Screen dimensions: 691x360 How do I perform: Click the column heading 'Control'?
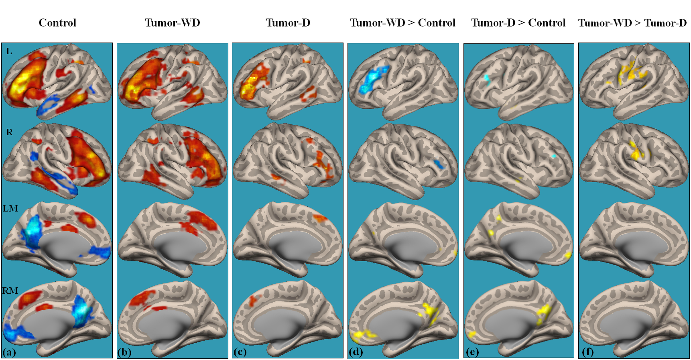[57, 23]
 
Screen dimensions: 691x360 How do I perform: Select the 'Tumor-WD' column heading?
[173, 23]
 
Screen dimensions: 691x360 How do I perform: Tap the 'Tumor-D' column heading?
[288, 23]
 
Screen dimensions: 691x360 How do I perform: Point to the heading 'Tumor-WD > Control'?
[402, 23]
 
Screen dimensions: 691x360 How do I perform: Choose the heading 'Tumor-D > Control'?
[518, 23]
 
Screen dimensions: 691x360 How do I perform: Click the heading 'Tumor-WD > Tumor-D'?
[632, 23]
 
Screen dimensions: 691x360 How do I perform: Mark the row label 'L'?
[9, 51]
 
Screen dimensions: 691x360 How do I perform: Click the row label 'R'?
[10, 132]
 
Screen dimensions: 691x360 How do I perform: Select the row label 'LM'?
[10, 208]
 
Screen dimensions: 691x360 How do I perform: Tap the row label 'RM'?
[10, 291]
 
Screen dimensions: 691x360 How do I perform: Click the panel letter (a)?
[9, 352]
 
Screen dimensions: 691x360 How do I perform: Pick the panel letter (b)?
[124, 352]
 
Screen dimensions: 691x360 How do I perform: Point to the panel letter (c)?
[240, 352]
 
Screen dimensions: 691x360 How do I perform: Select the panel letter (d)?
[356, 352]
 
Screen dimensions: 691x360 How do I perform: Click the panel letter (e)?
[472, 352]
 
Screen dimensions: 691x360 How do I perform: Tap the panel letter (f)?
[587, 352]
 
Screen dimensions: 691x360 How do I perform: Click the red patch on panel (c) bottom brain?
[253, 300]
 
